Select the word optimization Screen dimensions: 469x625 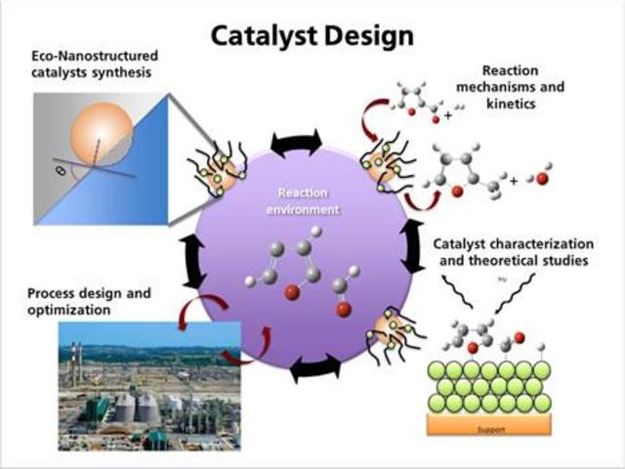pos(70,309)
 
